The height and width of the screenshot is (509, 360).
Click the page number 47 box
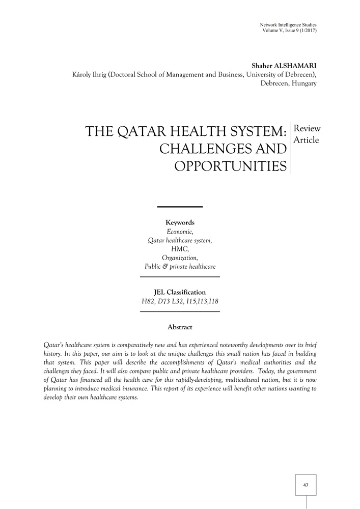pos(306,485)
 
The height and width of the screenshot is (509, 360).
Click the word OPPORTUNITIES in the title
pos(230,165)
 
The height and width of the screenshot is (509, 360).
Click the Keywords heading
pos(180,222)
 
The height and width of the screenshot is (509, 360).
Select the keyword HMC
pos(180,249)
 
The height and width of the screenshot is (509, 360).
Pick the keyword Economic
pos(180,232)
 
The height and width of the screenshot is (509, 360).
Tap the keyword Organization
pos(180,258)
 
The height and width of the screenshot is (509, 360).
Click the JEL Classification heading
pos(180,292)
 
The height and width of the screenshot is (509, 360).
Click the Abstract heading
pos(180,327)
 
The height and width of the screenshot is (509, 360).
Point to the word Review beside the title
pos(308,129)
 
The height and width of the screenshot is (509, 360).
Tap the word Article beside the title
pos(307,140)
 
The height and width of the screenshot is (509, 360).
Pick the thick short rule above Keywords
pos(180,207)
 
